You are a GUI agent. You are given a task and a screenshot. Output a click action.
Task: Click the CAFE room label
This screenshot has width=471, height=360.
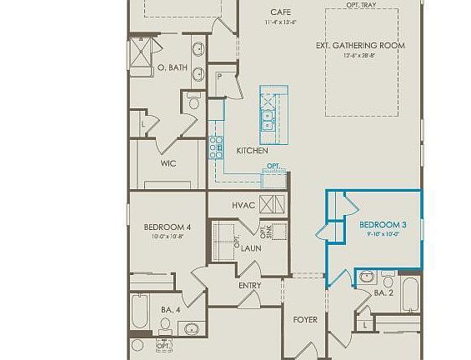click(280, 12)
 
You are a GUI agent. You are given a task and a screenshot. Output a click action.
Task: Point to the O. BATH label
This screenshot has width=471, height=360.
click(172, 67)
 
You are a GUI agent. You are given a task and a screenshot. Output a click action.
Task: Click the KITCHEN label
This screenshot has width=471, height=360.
click(252, 151)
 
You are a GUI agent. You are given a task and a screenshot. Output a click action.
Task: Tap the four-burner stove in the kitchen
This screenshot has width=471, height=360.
click(215, 147)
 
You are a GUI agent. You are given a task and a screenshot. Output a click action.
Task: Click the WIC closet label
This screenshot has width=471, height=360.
click(168, 163)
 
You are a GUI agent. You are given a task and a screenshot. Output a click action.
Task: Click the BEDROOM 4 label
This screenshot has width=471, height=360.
click(167, 227)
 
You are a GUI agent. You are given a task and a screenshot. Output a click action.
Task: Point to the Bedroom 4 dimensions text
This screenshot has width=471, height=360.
click(167, 237)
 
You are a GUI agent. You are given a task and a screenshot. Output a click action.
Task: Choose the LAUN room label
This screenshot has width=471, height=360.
click(253, 247)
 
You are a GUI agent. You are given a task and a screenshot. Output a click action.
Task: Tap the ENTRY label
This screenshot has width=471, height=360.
click(249, 286)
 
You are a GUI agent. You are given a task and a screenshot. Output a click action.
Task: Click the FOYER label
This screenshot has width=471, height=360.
click(304, 319)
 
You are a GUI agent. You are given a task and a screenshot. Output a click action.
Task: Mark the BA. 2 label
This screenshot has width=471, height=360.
click(383, 293)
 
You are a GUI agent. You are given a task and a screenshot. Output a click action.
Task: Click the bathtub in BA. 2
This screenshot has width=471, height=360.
click(411, 295)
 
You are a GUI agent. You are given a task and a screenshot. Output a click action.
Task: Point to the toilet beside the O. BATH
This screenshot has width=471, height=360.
click(193, 102)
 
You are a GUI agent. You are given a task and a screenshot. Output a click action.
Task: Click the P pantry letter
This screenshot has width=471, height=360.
click(219, 76)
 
